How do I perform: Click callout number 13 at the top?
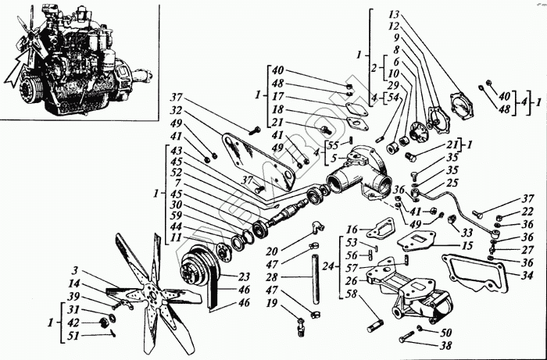click(x=392, y=15)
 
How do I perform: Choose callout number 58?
click(x=351, y=294)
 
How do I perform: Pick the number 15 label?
click(x=467, y=247)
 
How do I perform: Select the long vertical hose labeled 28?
click(x=316, y=276)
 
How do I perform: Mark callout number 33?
click(x=467, y=231)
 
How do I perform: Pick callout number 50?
click(x=446, y=331)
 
